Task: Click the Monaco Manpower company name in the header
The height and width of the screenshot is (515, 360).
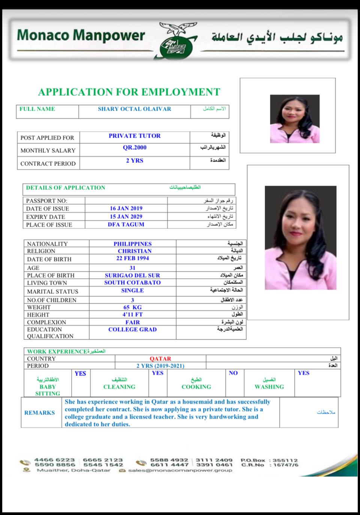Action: (81, 35)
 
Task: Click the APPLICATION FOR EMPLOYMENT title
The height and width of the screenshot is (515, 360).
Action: (129, 92)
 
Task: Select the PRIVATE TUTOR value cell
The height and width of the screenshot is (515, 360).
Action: (135, 136)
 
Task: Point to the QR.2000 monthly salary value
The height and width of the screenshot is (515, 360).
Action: (135, 147)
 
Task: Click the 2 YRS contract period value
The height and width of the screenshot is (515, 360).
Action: (135, 161)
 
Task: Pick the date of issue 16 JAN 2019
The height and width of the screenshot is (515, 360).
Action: (126, 208)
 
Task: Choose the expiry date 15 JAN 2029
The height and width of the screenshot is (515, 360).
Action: (126, 216)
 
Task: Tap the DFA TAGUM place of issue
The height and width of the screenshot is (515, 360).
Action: (126, 224)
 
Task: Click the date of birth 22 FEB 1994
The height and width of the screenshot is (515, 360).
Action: (132, 258)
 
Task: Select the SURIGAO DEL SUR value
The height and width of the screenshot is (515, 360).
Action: (132, 275)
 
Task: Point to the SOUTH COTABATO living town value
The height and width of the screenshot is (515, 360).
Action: (132, 282)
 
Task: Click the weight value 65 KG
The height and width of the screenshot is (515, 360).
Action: (132, 307)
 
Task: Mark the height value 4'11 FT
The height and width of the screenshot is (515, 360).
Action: (132, 314)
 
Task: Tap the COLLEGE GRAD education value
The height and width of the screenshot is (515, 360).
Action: (132, 329)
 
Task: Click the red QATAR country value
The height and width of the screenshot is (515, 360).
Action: (160, 359)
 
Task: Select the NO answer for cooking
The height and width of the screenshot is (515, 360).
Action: (233, 373)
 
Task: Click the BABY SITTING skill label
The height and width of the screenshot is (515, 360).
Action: (48, 390)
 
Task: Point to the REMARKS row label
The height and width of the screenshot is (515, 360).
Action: (40, 413)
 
